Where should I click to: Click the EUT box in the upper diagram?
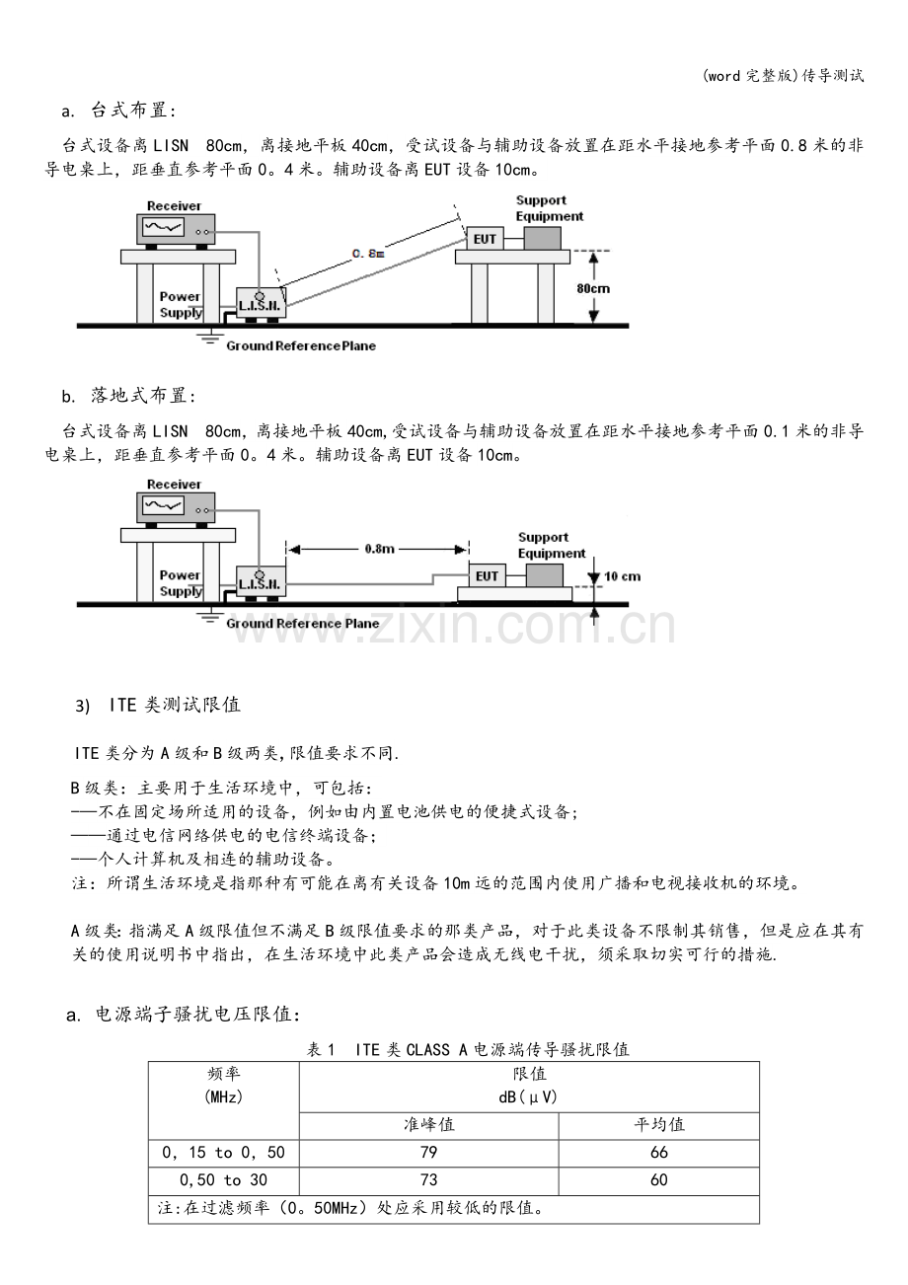point(485,239)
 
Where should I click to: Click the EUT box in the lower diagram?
point(487,575)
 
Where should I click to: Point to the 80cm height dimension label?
point(593,288)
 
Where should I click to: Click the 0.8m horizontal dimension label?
point(379,549)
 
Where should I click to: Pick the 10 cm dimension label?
point(623,576)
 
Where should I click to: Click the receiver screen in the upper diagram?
point(164,228)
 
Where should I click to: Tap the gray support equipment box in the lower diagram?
point(545,575)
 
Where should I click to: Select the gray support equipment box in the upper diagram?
point(542,239)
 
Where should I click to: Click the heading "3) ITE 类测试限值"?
point(158,705)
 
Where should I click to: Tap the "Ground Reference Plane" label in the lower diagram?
point(303,624)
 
